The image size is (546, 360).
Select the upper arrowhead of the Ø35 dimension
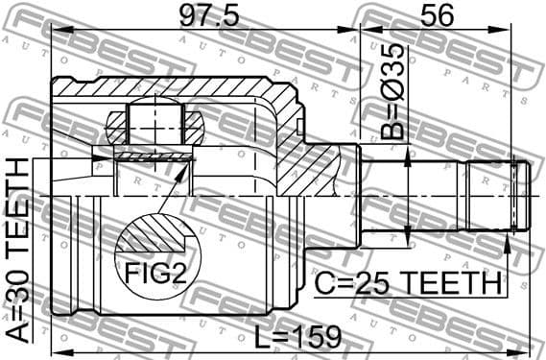410,155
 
